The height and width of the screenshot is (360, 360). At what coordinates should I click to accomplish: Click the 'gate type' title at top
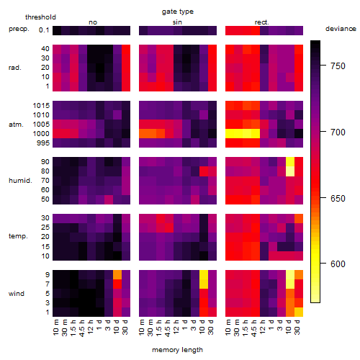pyautogui.click(x=178, y=12)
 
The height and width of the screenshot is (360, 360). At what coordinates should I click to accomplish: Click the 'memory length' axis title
pyautogui.click(x=177, y=350)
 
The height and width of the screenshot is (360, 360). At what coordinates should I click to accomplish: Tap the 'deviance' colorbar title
pyautogui.click(x=341, y=29)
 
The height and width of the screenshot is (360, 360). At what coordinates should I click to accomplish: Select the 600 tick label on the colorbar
pyautogui.click(x=338, y=264)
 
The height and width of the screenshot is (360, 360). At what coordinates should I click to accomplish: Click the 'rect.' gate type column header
pyautogui.click(x=262, y=22)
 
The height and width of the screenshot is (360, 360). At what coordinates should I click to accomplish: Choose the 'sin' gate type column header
pyautogui.click(x=177, y=22)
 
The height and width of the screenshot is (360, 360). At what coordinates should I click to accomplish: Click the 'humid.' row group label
pyautogui.click(x=20, y=181)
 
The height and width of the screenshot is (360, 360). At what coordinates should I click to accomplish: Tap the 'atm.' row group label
pyautogui.click(x=16, y=125)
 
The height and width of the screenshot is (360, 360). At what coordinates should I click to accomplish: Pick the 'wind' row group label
pyautogui.click(x=17, y=294)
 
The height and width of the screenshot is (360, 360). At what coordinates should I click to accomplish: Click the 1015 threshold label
pyautogui.click(x=41, y=106)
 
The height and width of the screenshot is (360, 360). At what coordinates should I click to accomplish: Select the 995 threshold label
pyautogui.click(x=43, y=143)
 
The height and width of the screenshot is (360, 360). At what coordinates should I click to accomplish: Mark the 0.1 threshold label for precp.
pyautogui.click(x=44, y=30)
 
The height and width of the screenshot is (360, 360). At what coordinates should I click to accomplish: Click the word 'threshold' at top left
pyautogui.click(x=40, y=17)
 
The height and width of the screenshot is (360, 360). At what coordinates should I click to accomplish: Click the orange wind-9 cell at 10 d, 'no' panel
pyautogui.click(x=117, y=274)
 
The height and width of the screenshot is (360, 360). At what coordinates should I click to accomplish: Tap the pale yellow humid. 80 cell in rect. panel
pyautogui.click(x=290, y=171)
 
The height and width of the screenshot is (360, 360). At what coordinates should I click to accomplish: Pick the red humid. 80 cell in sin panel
pyautogui.click(x=204, y=171)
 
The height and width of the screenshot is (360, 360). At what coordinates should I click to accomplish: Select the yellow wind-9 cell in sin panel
pyautogui.click(x=204, y=274)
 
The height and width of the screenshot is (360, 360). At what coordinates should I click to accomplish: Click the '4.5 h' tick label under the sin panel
pyautogui.click(x=168, y=328)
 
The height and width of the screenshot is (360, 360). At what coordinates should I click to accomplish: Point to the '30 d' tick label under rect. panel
pyautogui.click(x=297, y=327)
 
